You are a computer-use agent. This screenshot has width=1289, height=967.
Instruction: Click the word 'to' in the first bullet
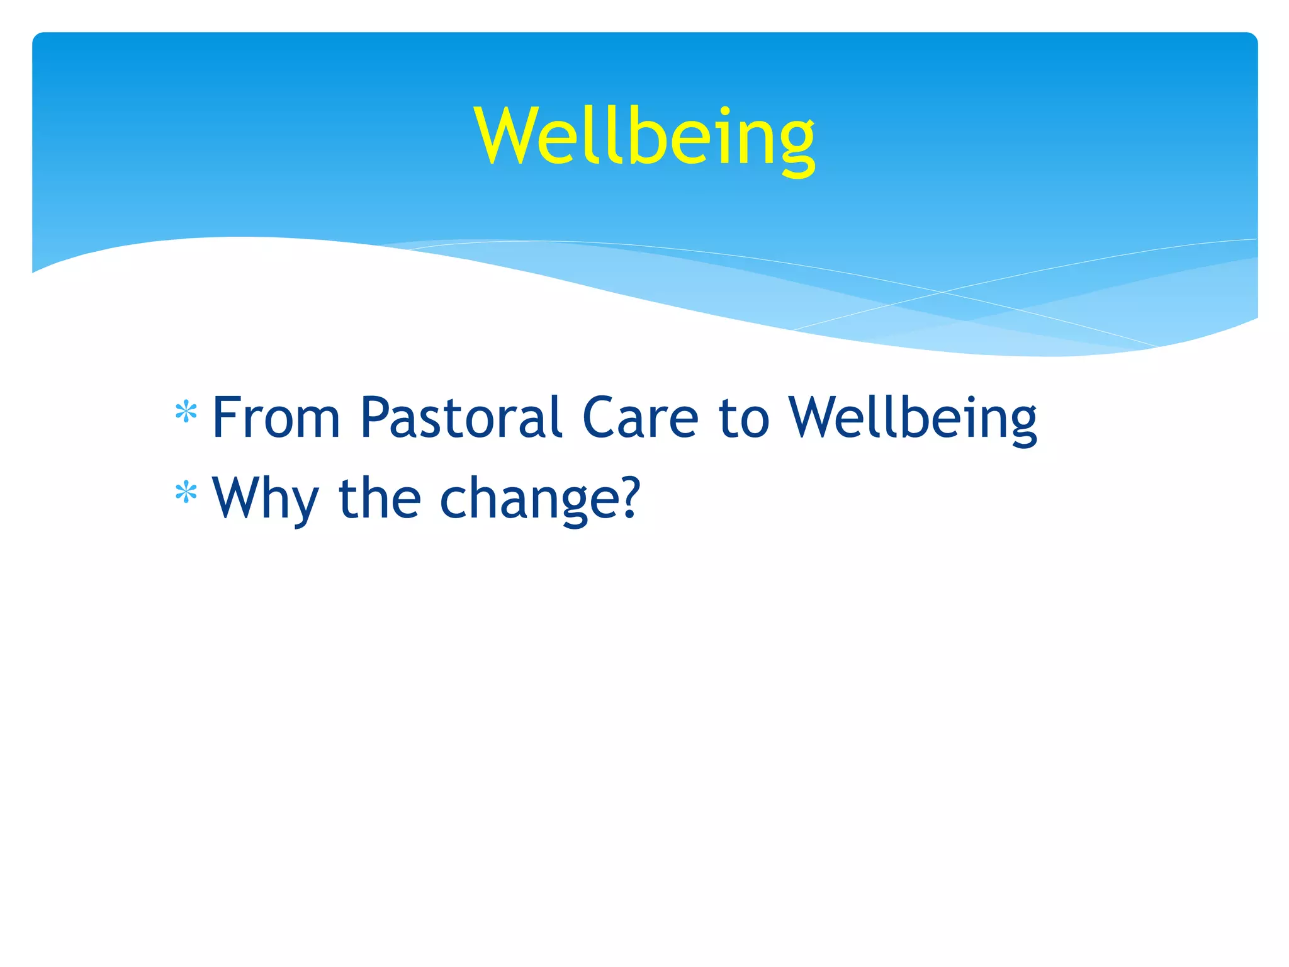(744, 418)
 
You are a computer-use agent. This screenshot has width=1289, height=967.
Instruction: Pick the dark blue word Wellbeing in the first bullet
(913, 418)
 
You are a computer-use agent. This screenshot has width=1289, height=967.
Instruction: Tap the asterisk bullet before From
(186, 413)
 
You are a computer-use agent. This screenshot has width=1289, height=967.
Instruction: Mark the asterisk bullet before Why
(186, 493)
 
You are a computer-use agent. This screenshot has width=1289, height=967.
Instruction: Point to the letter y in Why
(304, 504)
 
